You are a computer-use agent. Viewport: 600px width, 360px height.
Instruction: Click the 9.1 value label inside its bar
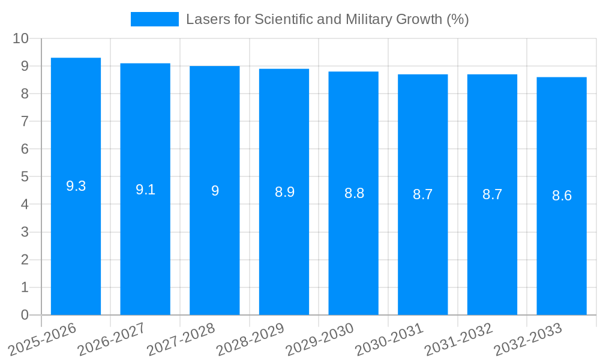click(145, 190)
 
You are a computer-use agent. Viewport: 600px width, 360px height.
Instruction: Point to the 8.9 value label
click(284, 192)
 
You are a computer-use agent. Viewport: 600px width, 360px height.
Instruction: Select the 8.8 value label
click(354, 193)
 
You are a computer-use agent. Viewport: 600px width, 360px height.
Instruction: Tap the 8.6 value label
click(562, 196)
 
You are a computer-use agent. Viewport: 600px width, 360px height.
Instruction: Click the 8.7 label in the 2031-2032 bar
click(492, 194)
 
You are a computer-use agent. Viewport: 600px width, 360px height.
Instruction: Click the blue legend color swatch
click(155, 19)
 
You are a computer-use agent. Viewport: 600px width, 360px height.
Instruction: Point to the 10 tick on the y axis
click(21, 38)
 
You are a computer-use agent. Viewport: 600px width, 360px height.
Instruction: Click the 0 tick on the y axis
click(25, 315)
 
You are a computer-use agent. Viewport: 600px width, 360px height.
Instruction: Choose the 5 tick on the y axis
click(25, 177)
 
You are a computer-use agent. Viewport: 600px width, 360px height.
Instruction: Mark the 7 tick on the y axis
click(25, 121)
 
